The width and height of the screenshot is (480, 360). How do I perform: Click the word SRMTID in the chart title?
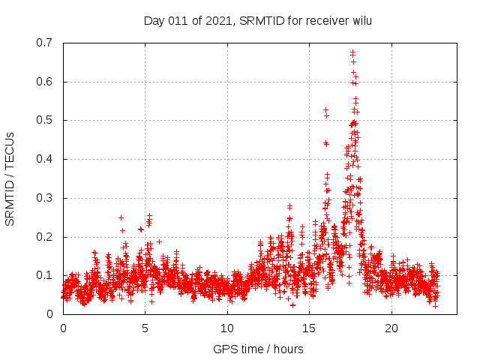(259, 21)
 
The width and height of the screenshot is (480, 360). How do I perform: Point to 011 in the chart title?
(177, 21)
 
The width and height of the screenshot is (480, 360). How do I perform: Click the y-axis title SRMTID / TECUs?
(10, 178)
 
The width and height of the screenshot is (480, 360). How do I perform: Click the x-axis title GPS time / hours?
(258, 349)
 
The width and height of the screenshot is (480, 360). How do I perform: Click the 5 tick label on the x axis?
(145, 328)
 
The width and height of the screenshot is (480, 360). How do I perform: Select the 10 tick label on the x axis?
(227, 328)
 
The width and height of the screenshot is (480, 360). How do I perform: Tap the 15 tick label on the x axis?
(310, 328)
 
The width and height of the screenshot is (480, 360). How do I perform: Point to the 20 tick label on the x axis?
(391, 328)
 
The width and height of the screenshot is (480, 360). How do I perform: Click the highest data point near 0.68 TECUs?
(352, 52)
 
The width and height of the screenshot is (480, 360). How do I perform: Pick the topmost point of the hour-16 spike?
(325, 109)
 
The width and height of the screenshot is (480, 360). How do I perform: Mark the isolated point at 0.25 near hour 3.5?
(121, 217)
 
